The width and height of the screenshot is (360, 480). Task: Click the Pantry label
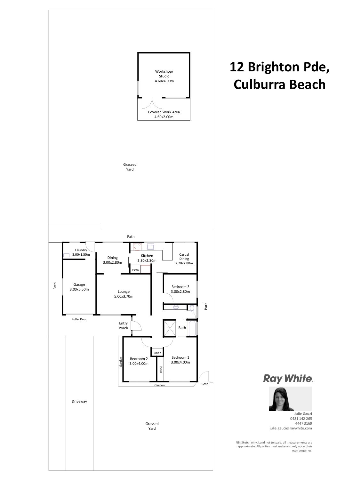135,270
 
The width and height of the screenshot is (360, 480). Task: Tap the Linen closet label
157,353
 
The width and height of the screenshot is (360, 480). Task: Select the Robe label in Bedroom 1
161,369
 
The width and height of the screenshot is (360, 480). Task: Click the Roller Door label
79,319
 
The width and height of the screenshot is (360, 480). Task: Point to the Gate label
204,384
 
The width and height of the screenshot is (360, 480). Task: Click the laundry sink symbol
67,255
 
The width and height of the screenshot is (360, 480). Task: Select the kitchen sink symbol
151,247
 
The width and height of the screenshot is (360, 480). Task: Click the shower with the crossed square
170,328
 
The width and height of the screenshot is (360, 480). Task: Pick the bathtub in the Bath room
192,328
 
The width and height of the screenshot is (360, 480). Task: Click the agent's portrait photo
290,399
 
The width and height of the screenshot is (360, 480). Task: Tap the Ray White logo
288,379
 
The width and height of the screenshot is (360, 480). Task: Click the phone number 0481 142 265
301,419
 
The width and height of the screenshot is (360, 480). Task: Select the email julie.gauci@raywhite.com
291,428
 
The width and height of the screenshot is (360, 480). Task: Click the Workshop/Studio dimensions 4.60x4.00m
164,81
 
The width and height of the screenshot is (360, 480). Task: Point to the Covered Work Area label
164,112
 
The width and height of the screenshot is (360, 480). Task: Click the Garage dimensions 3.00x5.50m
79,289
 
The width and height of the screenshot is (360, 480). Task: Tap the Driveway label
79,401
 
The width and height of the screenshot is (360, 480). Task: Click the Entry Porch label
123,326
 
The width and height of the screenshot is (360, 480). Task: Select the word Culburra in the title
258,84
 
